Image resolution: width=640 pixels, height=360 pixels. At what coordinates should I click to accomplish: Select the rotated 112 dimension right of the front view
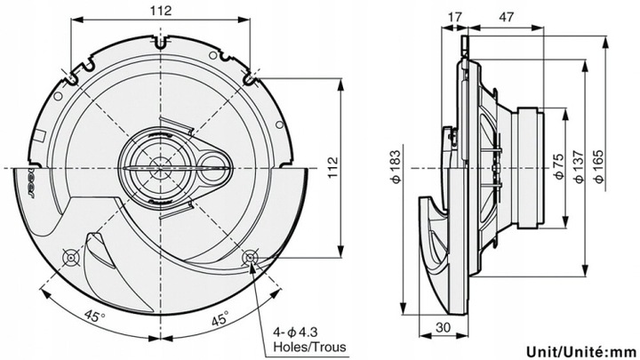(x=332, y=166)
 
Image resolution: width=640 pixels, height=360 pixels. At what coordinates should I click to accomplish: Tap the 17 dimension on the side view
(x=456, y=16)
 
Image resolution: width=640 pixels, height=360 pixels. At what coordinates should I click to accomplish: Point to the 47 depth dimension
(x=505, y=16)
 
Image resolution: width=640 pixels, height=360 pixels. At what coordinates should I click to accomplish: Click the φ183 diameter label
(x=394, y=166)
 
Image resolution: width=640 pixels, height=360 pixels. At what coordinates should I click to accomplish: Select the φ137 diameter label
(x=578, y=166)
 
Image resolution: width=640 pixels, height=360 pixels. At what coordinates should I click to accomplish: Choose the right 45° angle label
(x=220, y=317)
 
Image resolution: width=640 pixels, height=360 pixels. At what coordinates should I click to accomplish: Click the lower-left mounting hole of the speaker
(x=70, y=258)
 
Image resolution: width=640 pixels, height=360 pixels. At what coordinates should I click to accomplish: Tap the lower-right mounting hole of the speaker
(x=251, y=259)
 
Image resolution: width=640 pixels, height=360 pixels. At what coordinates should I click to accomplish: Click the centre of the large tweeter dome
(x=158, y=166)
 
